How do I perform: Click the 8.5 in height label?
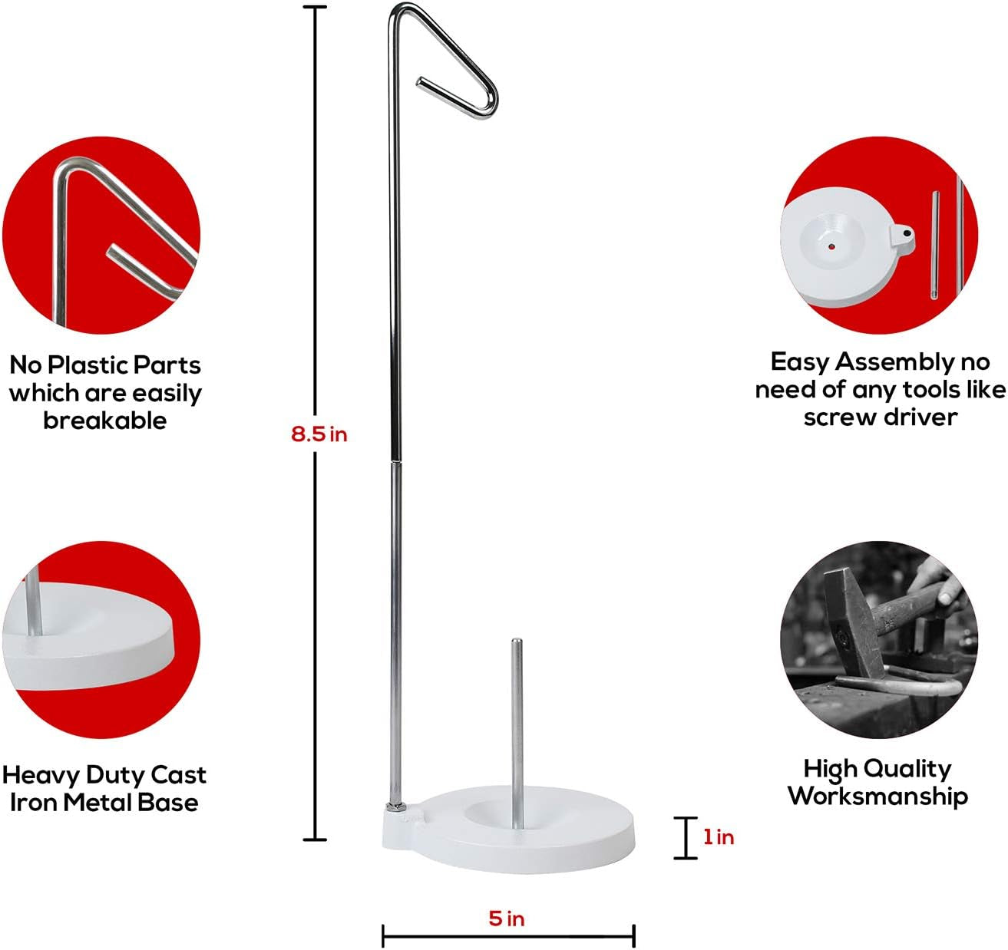(319, 434)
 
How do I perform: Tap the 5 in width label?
(507, 918)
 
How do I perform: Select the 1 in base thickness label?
(719, 837)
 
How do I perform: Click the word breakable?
(105, 421)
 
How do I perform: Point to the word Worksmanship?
(877, 796)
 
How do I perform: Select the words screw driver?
(881, 417)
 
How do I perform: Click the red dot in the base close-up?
(831, 247)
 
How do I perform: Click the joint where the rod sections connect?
(396, 462)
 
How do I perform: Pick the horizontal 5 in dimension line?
(508, 936)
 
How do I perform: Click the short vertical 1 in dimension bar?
(686, 837)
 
